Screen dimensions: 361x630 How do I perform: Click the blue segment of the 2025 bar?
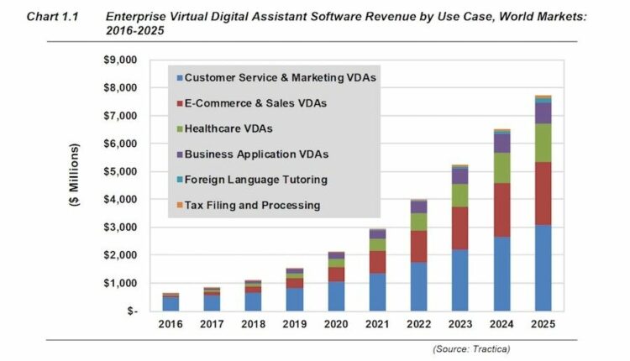(x=543, y=267)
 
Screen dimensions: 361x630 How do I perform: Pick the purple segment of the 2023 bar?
(x=461, y=175)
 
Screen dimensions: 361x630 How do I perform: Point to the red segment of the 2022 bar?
(x=420, y=246)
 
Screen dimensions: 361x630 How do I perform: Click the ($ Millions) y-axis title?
(x=76, y=185)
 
